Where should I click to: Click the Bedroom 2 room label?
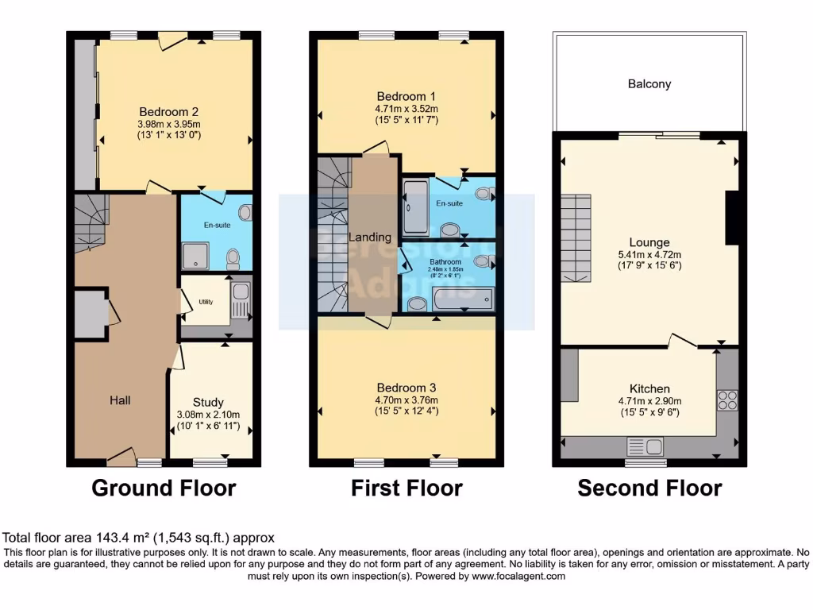tap(168, 112)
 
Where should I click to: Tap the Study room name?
tap(208, 403)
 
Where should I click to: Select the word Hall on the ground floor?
tap(120, 400)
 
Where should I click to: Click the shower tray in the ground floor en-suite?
tap(194, 256)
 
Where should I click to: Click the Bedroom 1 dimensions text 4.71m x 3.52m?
tap(406, 109)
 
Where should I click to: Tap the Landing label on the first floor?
tap(371, 237)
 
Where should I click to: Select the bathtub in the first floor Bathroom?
tap(463, 299)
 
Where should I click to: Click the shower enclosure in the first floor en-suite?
tap(417, 207)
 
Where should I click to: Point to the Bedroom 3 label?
tap(406, 388)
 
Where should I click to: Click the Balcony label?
tap(649, 83)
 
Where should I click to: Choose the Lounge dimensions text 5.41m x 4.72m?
tap(649, 255)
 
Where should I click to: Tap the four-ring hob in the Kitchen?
tap(726, 400)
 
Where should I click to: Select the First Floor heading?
tap(406, 488)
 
